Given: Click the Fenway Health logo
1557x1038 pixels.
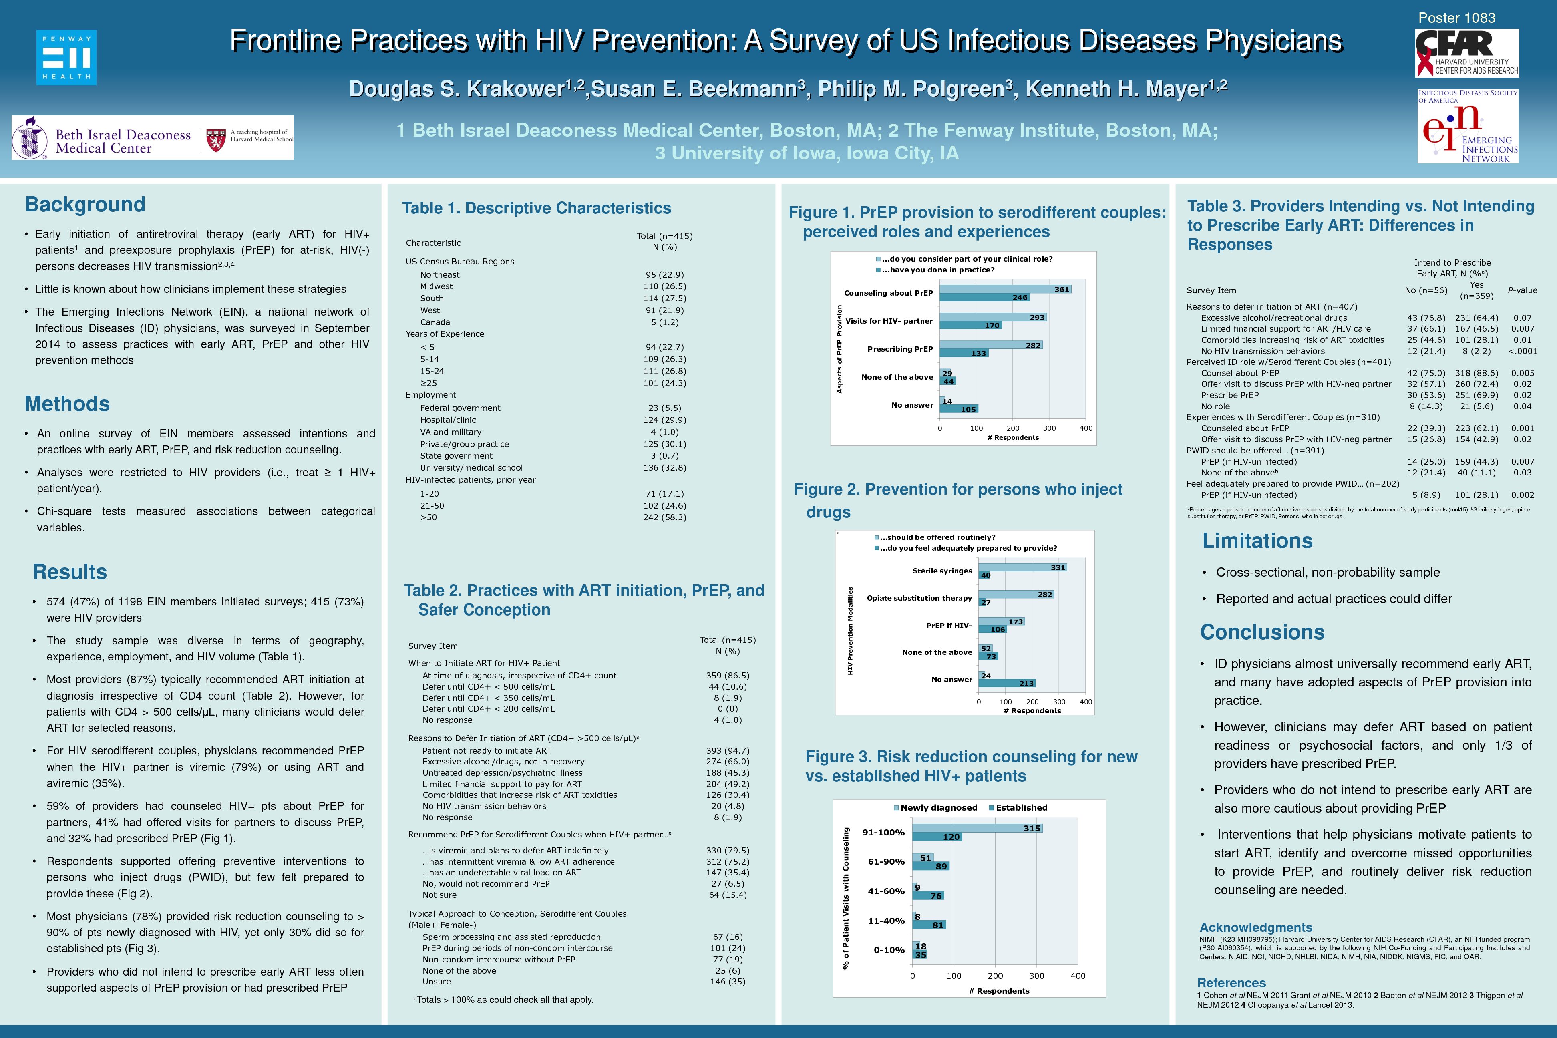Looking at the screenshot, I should point(66,58).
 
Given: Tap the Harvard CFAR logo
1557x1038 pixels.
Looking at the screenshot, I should point(1467,53).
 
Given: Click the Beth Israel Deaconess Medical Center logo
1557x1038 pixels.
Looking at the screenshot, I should point(152,138).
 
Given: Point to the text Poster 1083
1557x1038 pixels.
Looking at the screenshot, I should point(1456,18).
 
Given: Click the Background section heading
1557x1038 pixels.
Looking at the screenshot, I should point(85,205).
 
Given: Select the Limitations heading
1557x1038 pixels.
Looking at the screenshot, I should point(1257,541).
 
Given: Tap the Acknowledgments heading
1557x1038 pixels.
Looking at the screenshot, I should point(1255,927).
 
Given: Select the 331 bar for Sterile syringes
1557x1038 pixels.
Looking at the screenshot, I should point(1022,567).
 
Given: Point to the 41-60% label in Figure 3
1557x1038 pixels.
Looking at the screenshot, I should point(886,891).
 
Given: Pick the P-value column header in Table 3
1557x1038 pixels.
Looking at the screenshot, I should point(1522,290).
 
